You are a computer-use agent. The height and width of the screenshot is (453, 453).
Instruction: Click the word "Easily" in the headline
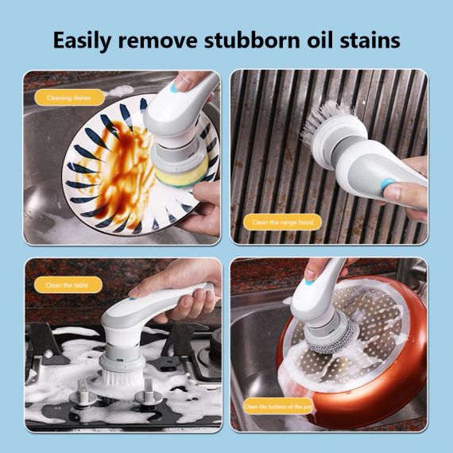pyautogui.click(x=82, y=41)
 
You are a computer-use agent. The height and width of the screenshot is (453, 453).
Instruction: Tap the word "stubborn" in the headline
pyautogui.click(x=252, y=40)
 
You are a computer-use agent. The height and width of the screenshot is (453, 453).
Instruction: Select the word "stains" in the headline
pyautogui.click(x=370, y=41)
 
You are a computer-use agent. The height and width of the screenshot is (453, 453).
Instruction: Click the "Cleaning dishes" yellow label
pyautogui.click(x=69, y=98)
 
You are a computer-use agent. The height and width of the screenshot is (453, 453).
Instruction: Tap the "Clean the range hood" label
pyautogui.click(x=283, y=223)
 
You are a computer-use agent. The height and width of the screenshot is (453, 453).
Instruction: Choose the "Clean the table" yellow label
pyautogui.click(x=68, y=285)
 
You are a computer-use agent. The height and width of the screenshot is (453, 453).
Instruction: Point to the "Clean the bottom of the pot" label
pyautogui.click(x=278, y=406)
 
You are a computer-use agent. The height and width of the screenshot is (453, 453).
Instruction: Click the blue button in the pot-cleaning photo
pyautogui.click(x=309, y=283)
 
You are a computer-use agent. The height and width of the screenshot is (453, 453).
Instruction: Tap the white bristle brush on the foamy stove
pyautogui.click(x=122, y=377)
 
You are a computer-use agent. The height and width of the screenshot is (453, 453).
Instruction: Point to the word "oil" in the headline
pyautogui.click(x=319, y=40)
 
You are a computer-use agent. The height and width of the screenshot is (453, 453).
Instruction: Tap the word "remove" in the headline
pyautogui.click(x=157, y=41)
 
